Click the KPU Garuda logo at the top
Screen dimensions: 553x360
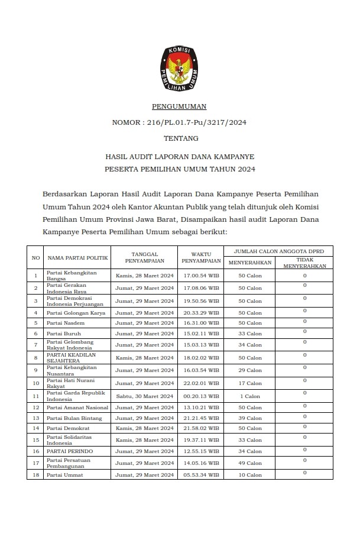tap(179, 68)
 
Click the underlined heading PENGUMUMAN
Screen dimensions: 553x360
tap(179, 107)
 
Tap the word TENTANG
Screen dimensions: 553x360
tap(179, 139)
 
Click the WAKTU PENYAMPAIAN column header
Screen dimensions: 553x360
tap(201, 258)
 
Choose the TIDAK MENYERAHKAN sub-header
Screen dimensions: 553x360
tap(304, 263)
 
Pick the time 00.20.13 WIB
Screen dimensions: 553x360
tap(201, 396)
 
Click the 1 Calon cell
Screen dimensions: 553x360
tap(250, 396)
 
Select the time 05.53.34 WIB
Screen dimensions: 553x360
tap(201, 475)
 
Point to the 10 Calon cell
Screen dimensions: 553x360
tap(250, 475)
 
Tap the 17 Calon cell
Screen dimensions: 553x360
tap(250, 383)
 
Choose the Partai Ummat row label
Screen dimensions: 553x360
tap(64, 475)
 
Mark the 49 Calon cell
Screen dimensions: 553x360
tap(250, 463)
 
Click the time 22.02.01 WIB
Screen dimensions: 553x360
tap(201, 383)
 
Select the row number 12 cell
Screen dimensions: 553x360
tap(35, 408)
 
